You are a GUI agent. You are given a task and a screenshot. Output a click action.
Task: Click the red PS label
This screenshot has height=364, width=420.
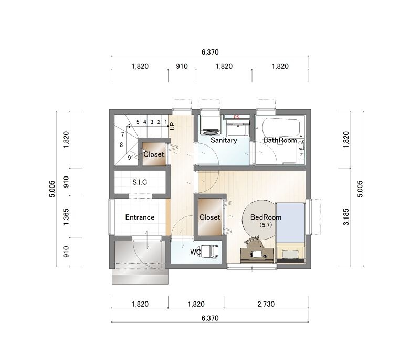click(x=236, y=117)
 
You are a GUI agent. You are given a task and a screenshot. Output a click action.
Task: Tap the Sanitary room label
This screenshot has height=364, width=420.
click(x=224, y=140)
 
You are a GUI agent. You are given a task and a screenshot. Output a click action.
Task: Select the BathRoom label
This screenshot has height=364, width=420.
click(x=280, y=140)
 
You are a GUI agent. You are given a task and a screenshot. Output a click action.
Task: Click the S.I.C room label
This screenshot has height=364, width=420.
click(x=140, y=182)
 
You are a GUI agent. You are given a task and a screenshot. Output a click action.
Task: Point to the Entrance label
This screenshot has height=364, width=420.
click(x=140, y=217)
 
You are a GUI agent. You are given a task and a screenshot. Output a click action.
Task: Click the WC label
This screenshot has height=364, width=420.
click(x=195, y=252)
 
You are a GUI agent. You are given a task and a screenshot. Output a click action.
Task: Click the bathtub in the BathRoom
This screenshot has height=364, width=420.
click(x=281, y=128)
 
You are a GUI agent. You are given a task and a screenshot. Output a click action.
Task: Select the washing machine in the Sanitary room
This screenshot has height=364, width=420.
click(x=210, y=125)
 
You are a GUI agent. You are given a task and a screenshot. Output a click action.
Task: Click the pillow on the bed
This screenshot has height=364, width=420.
click(x=290, y=254)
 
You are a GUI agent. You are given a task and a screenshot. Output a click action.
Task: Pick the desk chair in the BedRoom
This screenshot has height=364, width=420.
click(x=253, y=243)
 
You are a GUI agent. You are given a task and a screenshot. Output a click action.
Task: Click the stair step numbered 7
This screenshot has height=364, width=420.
click(x=123, y=134)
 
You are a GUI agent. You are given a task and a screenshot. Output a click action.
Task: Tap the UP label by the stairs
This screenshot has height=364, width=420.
click(x=172, y=126)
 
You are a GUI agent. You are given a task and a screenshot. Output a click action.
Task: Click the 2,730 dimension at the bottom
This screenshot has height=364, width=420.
click(x=266, y=304)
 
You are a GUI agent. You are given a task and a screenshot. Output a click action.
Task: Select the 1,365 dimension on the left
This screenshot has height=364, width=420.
click(x=66, y=217)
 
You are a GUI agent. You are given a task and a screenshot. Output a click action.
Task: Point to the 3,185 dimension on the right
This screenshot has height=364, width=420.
click(x=346, y=217)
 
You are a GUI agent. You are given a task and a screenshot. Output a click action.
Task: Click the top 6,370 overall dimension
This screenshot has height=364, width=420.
click(x=210, y=52)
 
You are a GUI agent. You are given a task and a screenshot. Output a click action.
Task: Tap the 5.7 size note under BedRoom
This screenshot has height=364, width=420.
click(x=266, y=225)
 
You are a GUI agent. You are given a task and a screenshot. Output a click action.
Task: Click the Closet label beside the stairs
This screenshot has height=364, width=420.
click(x=154, y=154)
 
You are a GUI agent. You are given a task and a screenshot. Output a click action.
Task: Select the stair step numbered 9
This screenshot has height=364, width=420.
click(x=129, y=158)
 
